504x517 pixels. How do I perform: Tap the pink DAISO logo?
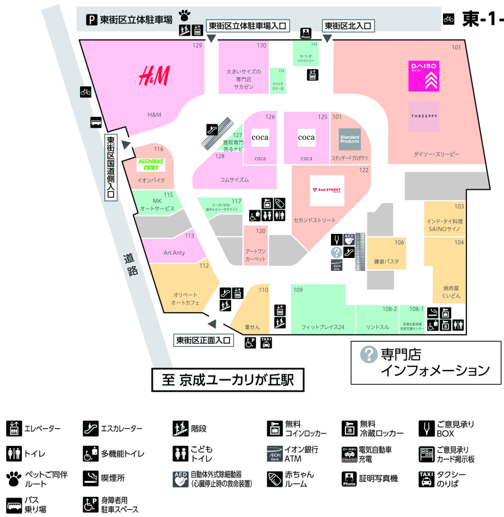423,76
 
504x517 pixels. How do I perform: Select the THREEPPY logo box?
423,116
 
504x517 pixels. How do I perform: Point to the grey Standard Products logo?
349,139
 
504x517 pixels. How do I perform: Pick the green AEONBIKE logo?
151,163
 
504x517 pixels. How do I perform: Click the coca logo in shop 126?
260,137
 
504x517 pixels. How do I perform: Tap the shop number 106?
399,242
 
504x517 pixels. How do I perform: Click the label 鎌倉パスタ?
386,261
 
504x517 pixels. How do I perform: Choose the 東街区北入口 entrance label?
347,26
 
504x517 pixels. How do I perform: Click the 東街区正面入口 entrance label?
203,340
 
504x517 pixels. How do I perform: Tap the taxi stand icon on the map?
267,342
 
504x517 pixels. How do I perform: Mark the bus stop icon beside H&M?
96,123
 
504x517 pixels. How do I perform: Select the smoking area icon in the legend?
90,478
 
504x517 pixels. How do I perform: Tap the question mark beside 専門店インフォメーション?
368,354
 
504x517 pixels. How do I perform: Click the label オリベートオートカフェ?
185,298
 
